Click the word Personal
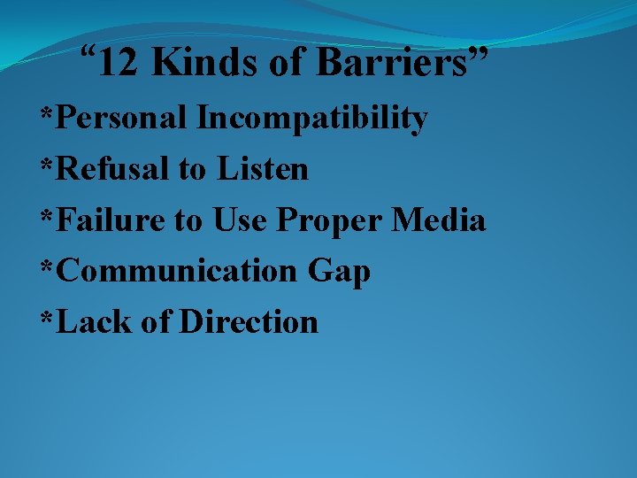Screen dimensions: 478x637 [123, 118]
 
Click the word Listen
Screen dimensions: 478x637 [260, 168]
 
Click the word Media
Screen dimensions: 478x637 [439, 220]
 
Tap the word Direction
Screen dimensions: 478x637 [249, 321]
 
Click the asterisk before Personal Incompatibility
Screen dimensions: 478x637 [47, 115]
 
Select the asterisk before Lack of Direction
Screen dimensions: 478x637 [47, 319]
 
